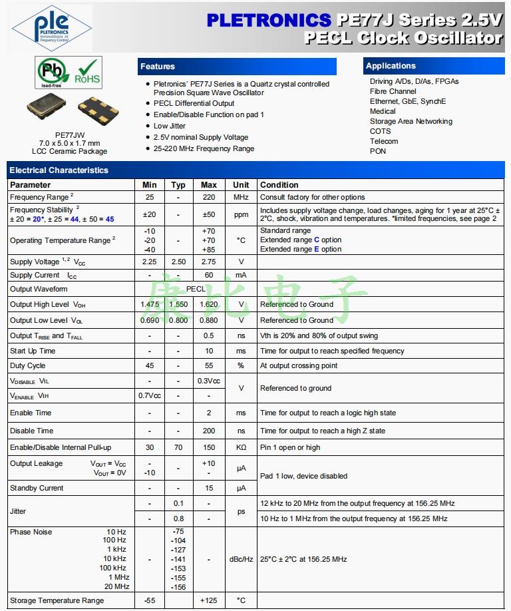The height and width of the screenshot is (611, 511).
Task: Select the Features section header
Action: (158, 67)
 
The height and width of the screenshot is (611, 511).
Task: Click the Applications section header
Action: (391, 66)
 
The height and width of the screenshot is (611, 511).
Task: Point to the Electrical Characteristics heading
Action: (59, 170)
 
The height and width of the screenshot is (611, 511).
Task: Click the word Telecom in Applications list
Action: (384, 141)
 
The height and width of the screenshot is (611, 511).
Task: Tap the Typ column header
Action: (178, 185)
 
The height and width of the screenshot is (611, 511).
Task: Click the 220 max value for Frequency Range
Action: (209, 197)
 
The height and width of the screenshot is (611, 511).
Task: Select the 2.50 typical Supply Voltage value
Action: (178, 262)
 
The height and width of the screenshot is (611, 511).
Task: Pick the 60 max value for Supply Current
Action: (209, 275)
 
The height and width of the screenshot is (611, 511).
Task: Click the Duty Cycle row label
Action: (28, 365)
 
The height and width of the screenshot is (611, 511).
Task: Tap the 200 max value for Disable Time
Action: (209, 431)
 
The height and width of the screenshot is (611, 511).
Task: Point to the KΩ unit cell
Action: (241, 448)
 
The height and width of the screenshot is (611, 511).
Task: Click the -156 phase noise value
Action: (178, 587)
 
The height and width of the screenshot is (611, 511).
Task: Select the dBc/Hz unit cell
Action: (241, 559)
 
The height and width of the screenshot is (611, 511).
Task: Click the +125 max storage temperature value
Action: (209, 600)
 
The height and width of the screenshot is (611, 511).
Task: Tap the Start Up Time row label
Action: (33, 351)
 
